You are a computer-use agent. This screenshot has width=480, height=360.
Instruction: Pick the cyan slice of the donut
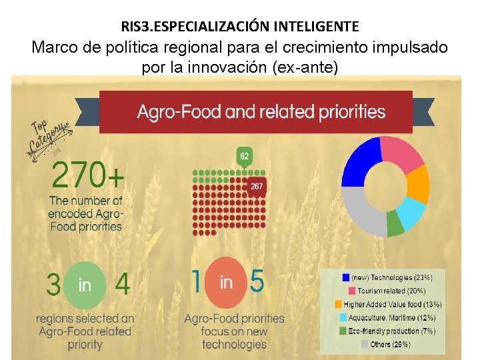[x=412, y=214]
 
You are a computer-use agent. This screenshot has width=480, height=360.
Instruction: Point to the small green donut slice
[x=395, y=227]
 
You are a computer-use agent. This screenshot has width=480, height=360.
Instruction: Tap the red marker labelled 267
[x=257, y=187]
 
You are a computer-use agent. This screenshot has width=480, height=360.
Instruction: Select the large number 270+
[x=87, y=177]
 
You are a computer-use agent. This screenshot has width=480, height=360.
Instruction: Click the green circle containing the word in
[x=85, y=285]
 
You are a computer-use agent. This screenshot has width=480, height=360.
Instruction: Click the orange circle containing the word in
[x=226, y=283]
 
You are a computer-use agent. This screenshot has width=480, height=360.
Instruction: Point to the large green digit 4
[x=122, y=285]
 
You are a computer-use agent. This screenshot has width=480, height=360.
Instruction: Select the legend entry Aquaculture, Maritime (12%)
[x=393, y=317]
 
